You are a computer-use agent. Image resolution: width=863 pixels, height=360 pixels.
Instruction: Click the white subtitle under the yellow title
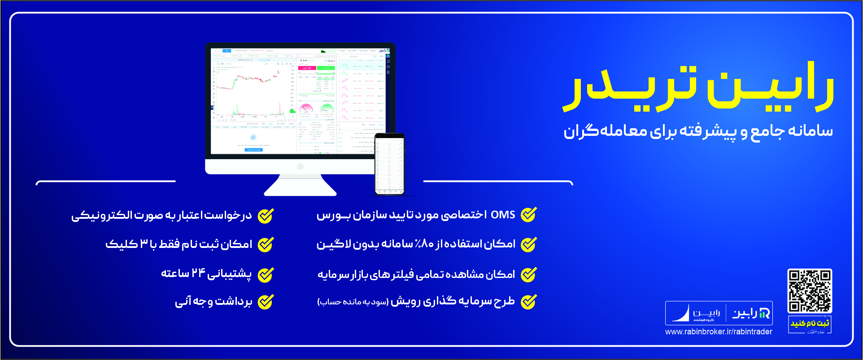pos(698,131)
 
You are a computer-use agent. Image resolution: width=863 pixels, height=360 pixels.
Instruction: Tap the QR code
pos(810,291)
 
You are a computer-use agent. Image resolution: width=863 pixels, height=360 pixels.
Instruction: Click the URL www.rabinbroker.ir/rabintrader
pos(719,332)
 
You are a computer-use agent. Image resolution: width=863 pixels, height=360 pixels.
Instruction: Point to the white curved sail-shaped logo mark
pos(681,313)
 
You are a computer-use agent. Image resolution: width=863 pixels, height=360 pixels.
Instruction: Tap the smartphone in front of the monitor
pos(389,164)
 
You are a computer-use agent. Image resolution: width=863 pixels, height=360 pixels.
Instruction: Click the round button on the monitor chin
pos(300,167)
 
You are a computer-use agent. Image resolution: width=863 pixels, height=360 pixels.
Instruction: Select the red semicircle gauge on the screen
pos(306,108)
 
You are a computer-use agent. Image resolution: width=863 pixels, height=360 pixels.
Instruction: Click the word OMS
pos(503,215)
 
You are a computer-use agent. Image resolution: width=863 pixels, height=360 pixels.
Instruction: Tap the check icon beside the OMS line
pos(528,215)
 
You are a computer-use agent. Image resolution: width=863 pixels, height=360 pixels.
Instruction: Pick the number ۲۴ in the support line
pos(198,273)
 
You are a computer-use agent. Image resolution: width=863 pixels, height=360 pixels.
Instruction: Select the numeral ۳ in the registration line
pos(144,244)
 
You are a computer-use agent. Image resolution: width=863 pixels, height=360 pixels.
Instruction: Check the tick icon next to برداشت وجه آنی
pos(266,302)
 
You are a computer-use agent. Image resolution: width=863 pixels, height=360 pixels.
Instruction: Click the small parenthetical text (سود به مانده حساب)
pos(353,302)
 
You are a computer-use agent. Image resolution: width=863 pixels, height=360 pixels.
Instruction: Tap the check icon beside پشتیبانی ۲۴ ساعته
pos(266,274)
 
